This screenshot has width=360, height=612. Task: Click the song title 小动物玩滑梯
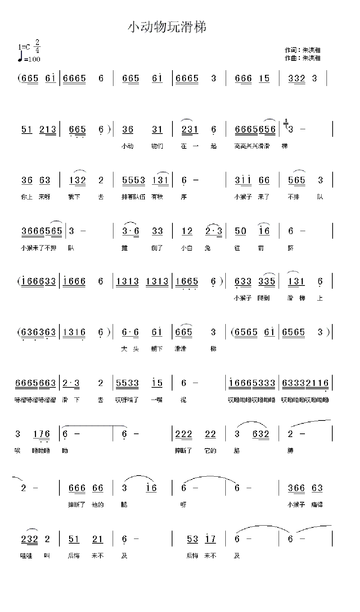click(x=167, y=27)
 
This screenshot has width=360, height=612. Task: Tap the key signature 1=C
click(x=23, y=47)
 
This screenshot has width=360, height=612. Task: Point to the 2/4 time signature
click(x=37, y=46)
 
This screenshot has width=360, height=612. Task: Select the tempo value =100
click(x=32, y=59)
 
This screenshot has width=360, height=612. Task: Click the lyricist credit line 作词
click(x=302, y=50)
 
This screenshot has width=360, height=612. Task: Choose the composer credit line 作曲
click(x=302, y=58)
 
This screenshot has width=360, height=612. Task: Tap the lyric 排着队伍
click(x=134, y=197)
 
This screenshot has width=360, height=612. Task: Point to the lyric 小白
click(x=187, y=248)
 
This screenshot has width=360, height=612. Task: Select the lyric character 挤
click(x=291, y=248)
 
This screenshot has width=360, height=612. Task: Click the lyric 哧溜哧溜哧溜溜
click(x=35, y=400)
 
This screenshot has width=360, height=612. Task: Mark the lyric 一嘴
click(x=157, y=400)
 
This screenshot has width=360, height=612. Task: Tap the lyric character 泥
click(x=184, y=400)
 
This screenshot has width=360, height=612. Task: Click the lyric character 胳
click(x=237, y=450)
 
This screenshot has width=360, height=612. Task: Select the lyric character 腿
click(x=124, y=505)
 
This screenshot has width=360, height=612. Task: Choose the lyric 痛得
click(x=317, y=505)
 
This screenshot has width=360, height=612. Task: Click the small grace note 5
click(x=286, y=121)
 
